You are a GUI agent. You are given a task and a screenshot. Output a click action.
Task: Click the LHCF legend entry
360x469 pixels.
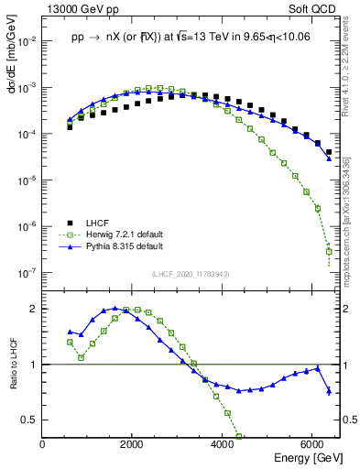(x=98, y=223)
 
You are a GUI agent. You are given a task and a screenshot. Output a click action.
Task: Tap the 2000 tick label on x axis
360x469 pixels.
(x=132, y=444)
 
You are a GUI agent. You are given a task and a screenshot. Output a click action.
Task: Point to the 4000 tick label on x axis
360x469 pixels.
(x=223, y=444)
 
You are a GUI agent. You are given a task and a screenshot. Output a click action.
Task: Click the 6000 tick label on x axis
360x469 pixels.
(x=312, y=444)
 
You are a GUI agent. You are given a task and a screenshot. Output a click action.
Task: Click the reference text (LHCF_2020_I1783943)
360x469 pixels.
(x=190, y=274)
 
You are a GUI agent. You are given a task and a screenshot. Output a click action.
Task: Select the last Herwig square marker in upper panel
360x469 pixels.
(x=329, y=251)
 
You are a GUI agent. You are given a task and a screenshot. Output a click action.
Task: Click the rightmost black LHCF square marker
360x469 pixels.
(x=329, y=152)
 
